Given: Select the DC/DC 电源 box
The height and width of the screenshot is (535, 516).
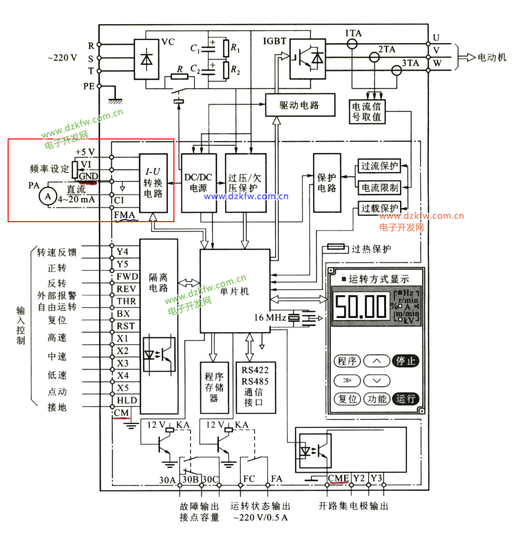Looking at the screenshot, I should pos(199,182).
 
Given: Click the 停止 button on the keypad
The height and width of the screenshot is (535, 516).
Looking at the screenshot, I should pos(406,361).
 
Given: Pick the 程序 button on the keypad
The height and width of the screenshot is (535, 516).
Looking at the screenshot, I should pos(347,361).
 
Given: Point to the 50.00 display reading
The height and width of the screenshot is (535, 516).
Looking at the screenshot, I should pos(361,306).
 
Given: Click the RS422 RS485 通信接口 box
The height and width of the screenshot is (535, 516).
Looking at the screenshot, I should pos(256,387).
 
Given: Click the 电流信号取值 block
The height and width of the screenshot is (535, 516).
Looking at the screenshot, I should pos(367,111).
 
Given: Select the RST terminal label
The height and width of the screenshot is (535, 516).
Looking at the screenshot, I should pos(126,326).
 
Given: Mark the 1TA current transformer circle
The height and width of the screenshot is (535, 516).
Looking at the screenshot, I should pos(352,44).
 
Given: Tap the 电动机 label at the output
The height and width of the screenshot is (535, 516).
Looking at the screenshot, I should pos(492,57).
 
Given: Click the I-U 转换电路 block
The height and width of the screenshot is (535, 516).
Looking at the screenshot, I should pos(153,182).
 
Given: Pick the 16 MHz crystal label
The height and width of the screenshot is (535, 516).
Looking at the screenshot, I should pos(270,317).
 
